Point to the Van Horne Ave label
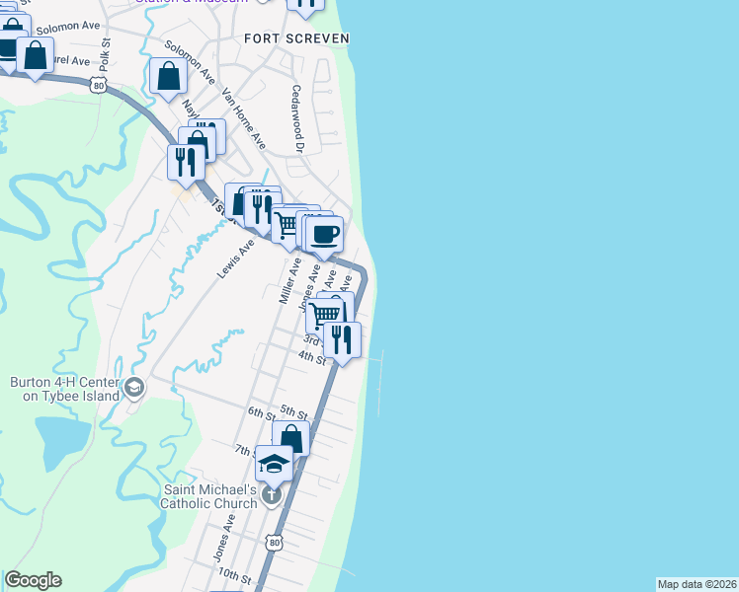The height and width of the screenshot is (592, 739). [x=244, y=118]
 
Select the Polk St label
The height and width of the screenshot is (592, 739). [x=104, y=54]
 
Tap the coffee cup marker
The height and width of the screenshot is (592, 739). [x=324, y=235]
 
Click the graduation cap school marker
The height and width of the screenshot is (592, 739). [x=274, y=463]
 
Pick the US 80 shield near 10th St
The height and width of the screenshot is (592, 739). [x=274, y=542]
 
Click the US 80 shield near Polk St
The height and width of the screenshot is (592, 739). [x=97, y=86]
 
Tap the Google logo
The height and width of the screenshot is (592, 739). [x=33, y=580]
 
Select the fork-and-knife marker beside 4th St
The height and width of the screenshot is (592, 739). [x=342, y=339]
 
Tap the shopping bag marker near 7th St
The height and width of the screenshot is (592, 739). [x=291, y=438]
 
